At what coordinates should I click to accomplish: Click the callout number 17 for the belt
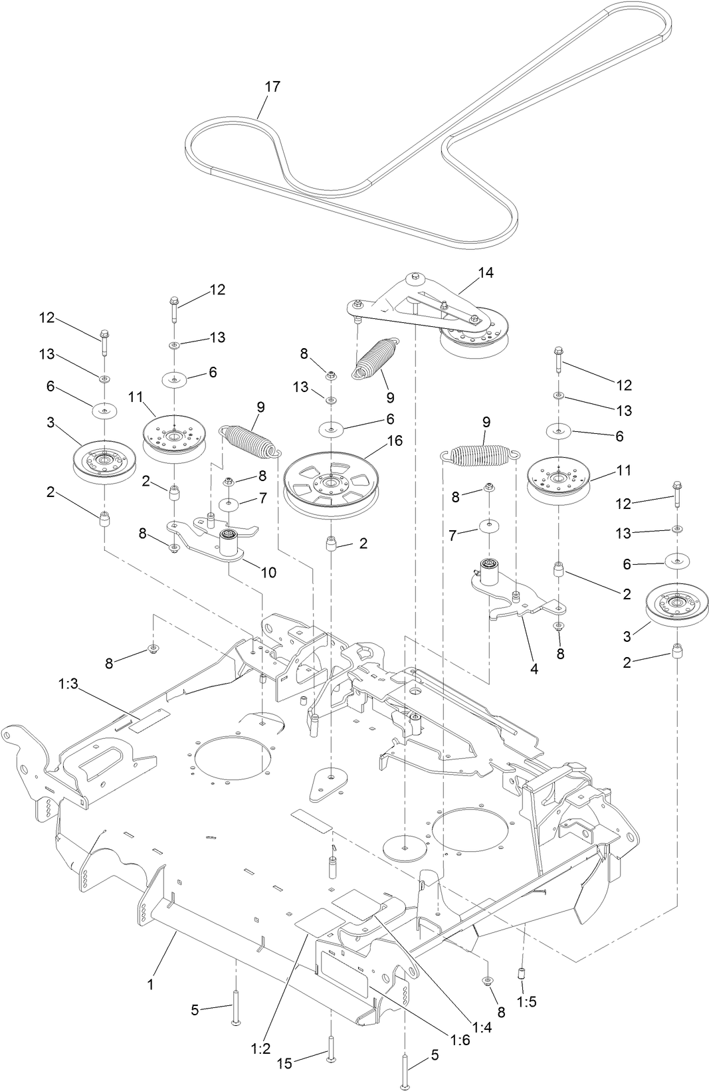point(272,87)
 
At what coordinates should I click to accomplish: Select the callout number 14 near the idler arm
point(486,272)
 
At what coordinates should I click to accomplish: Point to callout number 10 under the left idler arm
point(268,572)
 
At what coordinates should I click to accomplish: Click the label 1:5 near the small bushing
point(526,1001)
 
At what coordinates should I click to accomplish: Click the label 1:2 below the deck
point(260,1048)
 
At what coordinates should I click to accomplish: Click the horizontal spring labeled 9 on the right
point(480,454)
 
